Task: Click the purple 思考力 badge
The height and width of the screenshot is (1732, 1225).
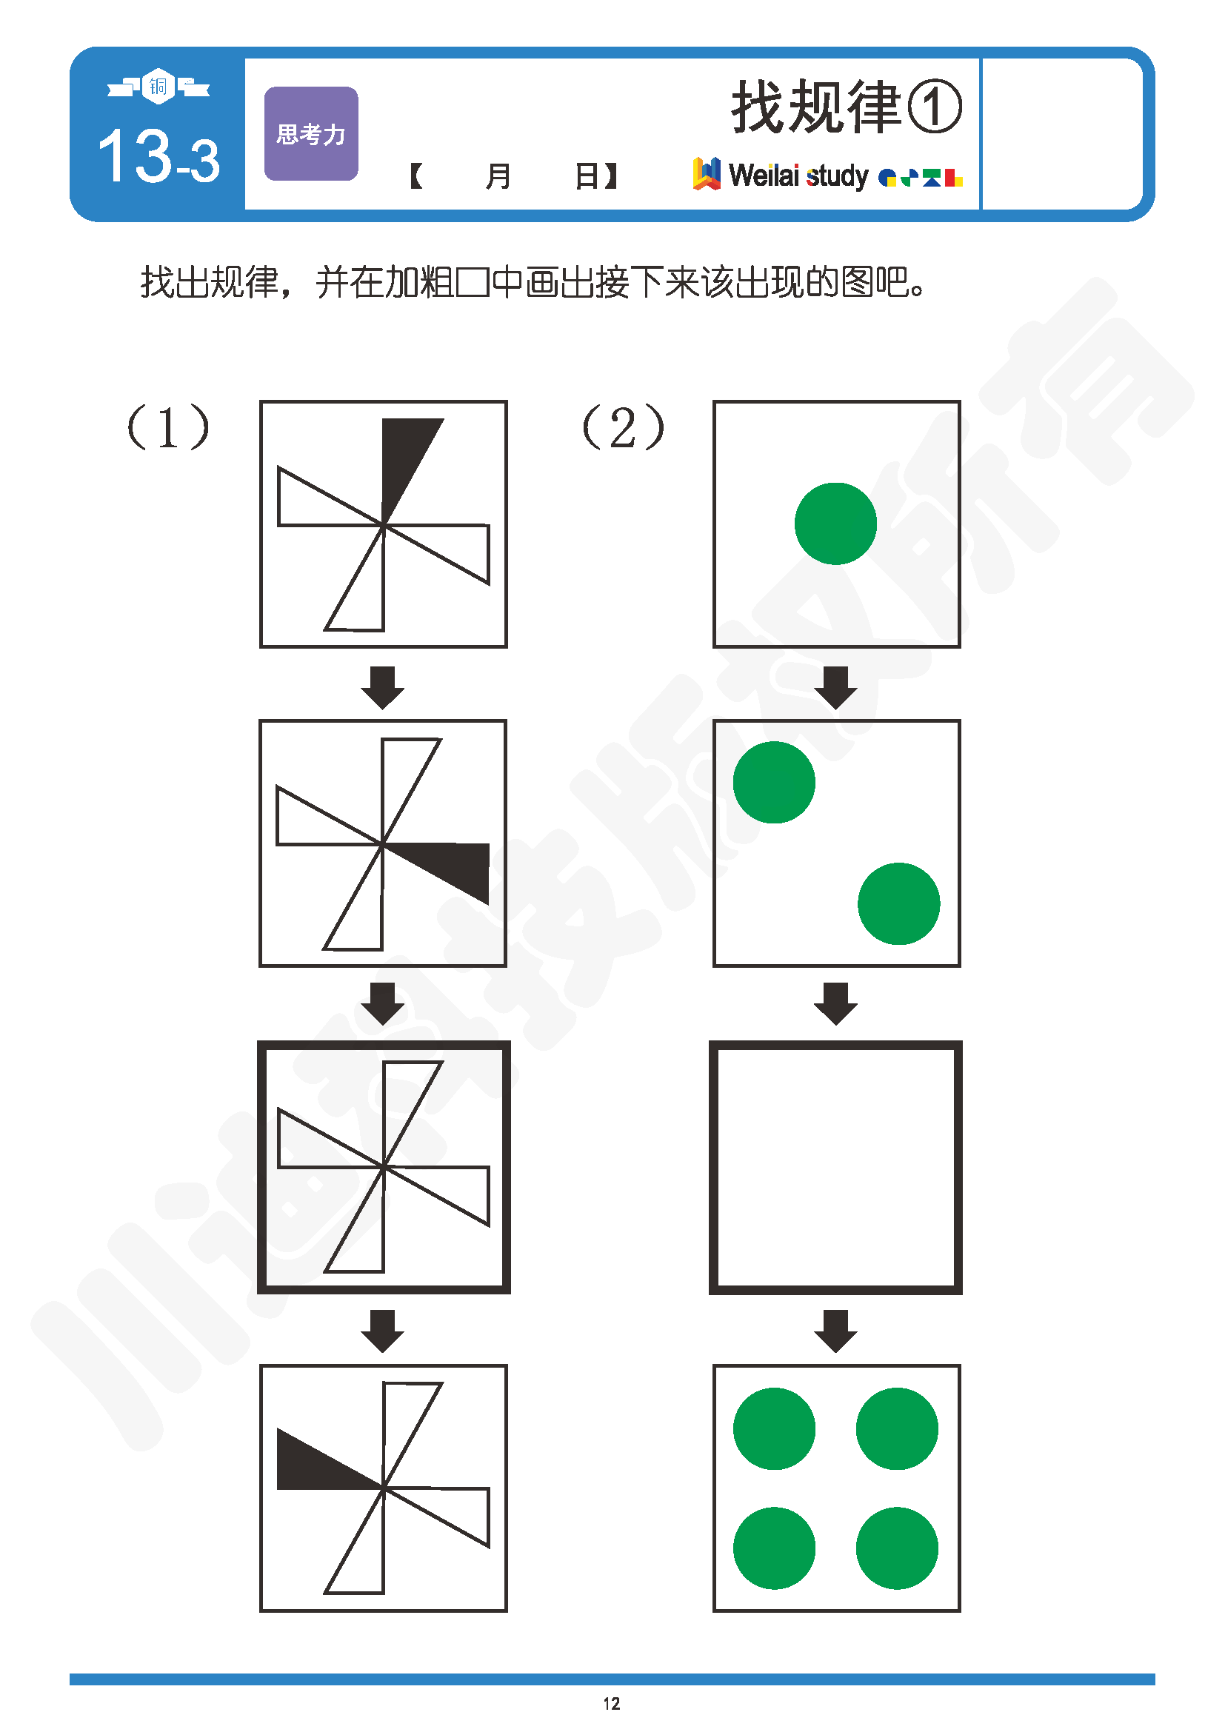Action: (x=311, y=133)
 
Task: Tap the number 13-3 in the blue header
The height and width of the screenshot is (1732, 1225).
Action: (x=159, y=156)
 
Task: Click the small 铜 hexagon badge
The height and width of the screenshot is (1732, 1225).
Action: (x=158, y=87)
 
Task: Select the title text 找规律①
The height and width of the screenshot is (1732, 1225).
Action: (x=847, y=107)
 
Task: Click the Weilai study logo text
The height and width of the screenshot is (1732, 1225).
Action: (x=799, y=175)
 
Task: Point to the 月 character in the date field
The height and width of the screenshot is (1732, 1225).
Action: (x=498, y=176)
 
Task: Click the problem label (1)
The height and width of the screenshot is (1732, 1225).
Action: (x=168, y=427)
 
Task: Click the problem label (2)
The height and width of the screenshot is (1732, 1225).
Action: (x=623, y=427)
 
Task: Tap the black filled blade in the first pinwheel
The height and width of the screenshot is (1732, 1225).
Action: (x=404, y=460)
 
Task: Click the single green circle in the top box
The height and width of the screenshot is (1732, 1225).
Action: (x=835, y=524)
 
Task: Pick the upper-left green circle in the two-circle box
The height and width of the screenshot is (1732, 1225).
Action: (x=774, y=782)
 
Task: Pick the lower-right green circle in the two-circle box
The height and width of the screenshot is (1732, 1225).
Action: (x=898, y=903)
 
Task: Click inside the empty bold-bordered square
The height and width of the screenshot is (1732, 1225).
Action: (x=835, y=1168)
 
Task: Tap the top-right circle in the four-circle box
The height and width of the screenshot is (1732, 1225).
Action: (x=897, y=1428)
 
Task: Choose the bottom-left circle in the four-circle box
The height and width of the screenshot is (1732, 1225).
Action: (x=774, y=1548)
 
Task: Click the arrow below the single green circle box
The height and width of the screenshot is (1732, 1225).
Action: (x=835, y=687)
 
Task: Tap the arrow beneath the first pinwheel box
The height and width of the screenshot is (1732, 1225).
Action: (x=382, y=687)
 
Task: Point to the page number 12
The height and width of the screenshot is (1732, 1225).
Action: (x=612, y=1703)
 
